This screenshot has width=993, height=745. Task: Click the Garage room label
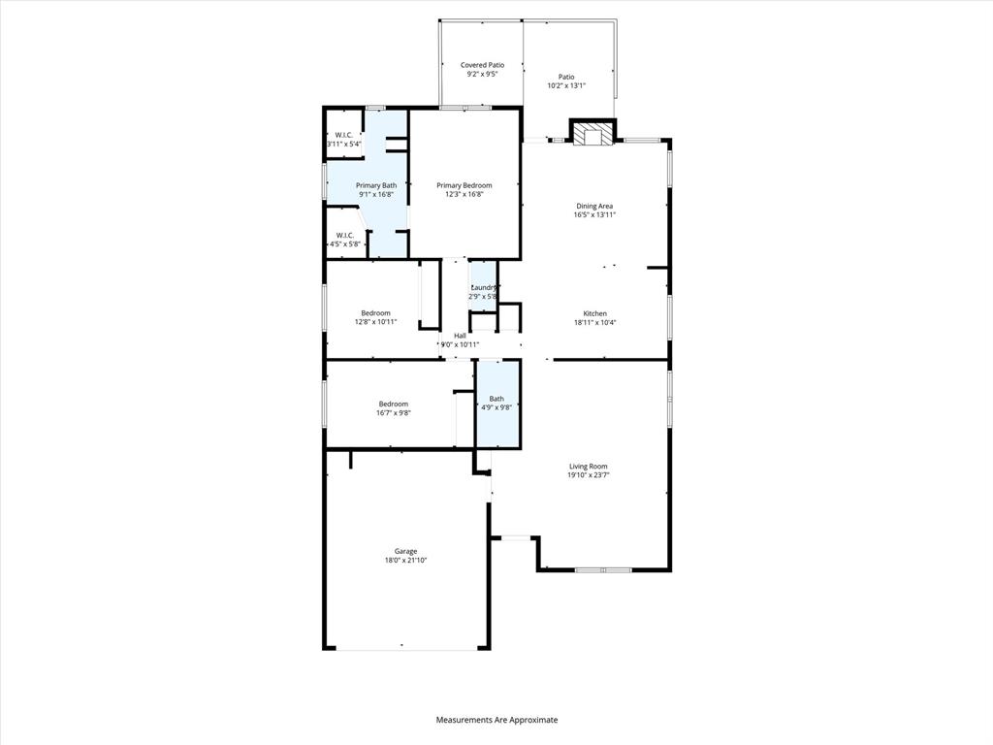coord(405,551)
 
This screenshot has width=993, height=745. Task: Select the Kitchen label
coord(594,313)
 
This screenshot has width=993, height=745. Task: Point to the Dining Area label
coord(594,206)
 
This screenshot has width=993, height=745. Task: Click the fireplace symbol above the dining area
coord(591,134)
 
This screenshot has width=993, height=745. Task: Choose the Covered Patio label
coord(482,65)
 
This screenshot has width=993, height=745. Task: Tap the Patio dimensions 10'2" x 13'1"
coord(566,85)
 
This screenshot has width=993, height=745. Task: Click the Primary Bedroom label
coord(464,185)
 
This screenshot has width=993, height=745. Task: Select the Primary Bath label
coord(376,185)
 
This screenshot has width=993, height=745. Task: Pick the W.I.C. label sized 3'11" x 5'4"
coord(344,135)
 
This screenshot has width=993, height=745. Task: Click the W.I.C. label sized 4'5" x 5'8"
coord(345,235)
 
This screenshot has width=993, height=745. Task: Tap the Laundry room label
coord(484,287)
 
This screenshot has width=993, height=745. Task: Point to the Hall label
coord(460,336)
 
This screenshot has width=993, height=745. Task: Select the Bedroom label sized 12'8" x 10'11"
coord(375,312)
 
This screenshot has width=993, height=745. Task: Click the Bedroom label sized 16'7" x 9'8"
coord(393,404)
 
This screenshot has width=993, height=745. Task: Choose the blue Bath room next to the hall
coord(496,404)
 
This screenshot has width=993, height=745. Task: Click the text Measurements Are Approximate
coord(496,720)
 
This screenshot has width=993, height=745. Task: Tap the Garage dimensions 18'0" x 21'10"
coord(405,561)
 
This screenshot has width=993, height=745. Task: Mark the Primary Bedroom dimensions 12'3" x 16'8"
coord(464,194)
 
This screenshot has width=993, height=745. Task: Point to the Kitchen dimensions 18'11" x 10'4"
coord(594,323)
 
